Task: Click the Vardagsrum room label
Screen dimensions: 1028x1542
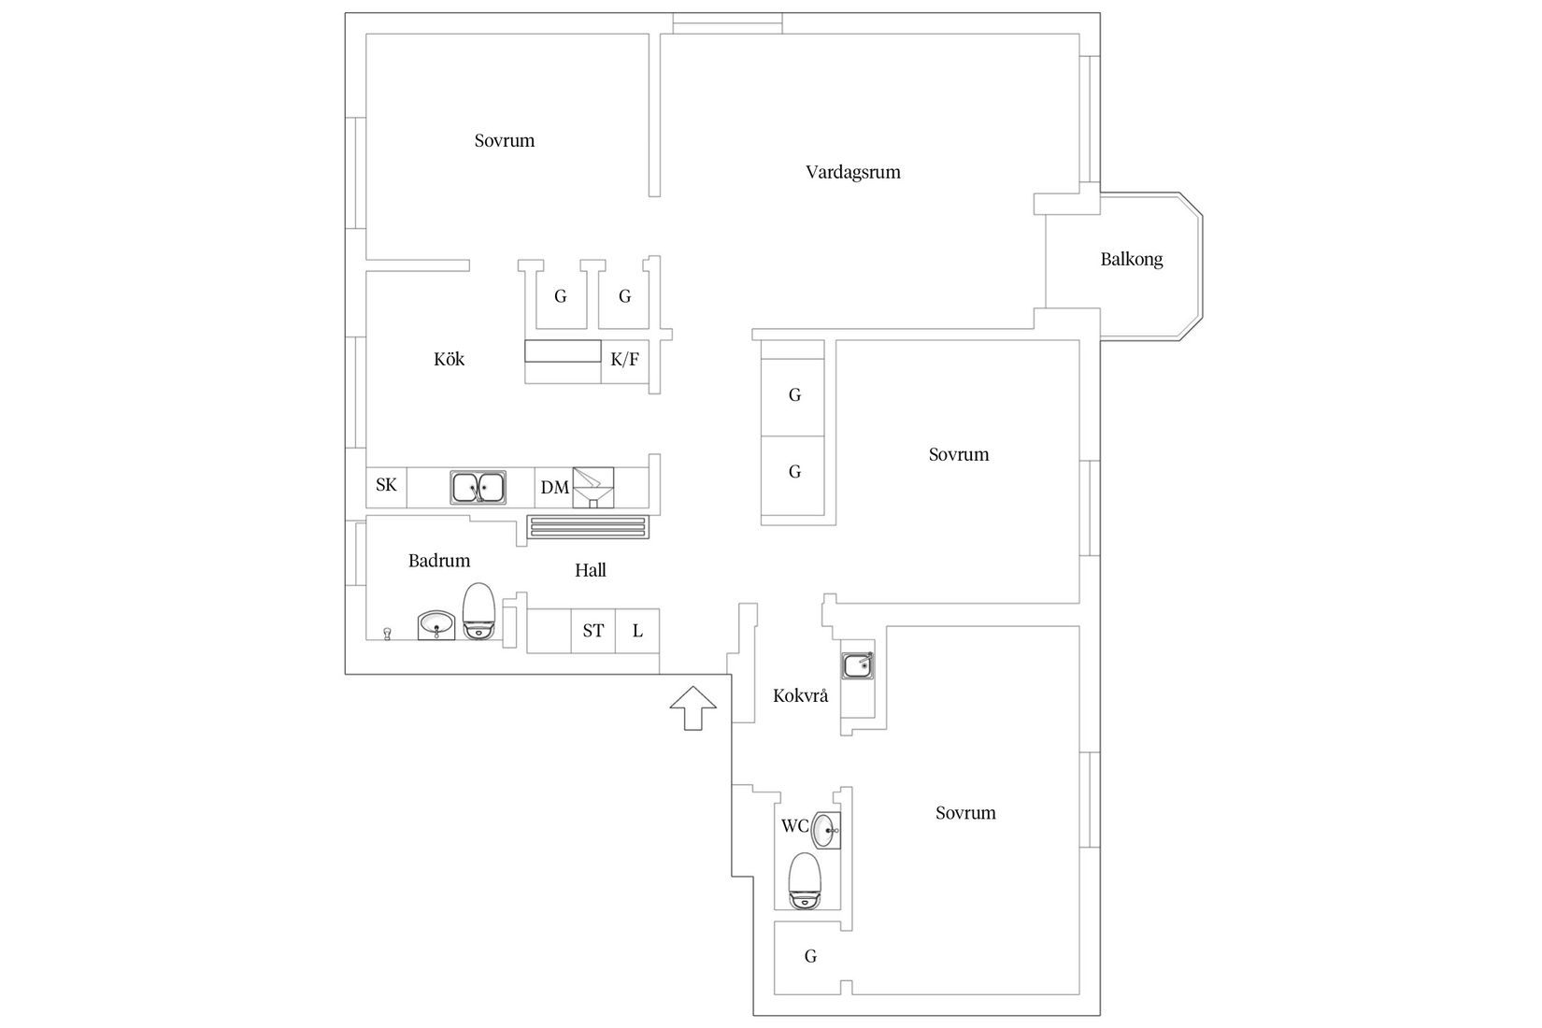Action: [x=852, y=172]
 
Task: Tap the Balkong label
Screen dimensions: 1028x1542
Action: [x=1131, y=260]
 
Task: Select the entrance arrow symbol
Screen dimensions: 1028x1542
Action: [x=692, y=707]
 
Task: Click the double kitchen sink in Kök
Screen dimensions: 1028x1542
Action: [x=478, y=487]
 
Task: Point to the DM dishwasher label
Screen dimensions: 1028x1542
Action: [x=554, y=488]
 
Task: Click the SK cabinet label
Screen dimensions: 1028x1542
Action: [x=386, y=485]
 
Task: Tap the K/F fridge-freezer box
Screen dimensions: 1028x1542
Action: [x=624, y=360]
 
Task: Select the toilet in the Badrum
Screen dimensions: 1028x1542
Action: [x=478, y=612]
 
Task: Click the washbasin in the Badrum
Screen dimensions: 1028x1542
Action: [x=435, y=624]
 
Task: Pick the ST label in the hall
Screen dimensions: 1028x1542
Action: [x=593, y=631]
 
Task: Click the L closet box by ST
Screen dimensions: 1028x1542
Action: [x=637, y=631]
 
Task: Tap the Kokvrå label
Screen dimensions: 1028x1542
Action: [x=800, y=696]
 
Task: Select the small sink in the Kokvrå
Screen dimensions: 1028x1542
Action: [x=857, y=666]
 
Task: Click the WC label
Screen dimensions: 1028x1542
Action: [x=794, y=826]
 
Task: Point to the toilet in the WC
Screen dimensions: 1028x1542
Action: [x=804, y=881]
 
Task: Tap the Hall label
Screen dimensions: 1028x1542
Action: [x=591, y=570]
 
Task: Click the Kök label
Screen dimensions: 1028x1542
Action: [x=449, y=359]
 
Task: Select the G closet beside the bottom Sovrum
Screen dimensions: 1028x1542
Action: [x=810, y=957]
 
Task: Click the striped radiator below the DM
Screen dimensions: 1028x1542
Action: [x=588, y=527]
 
